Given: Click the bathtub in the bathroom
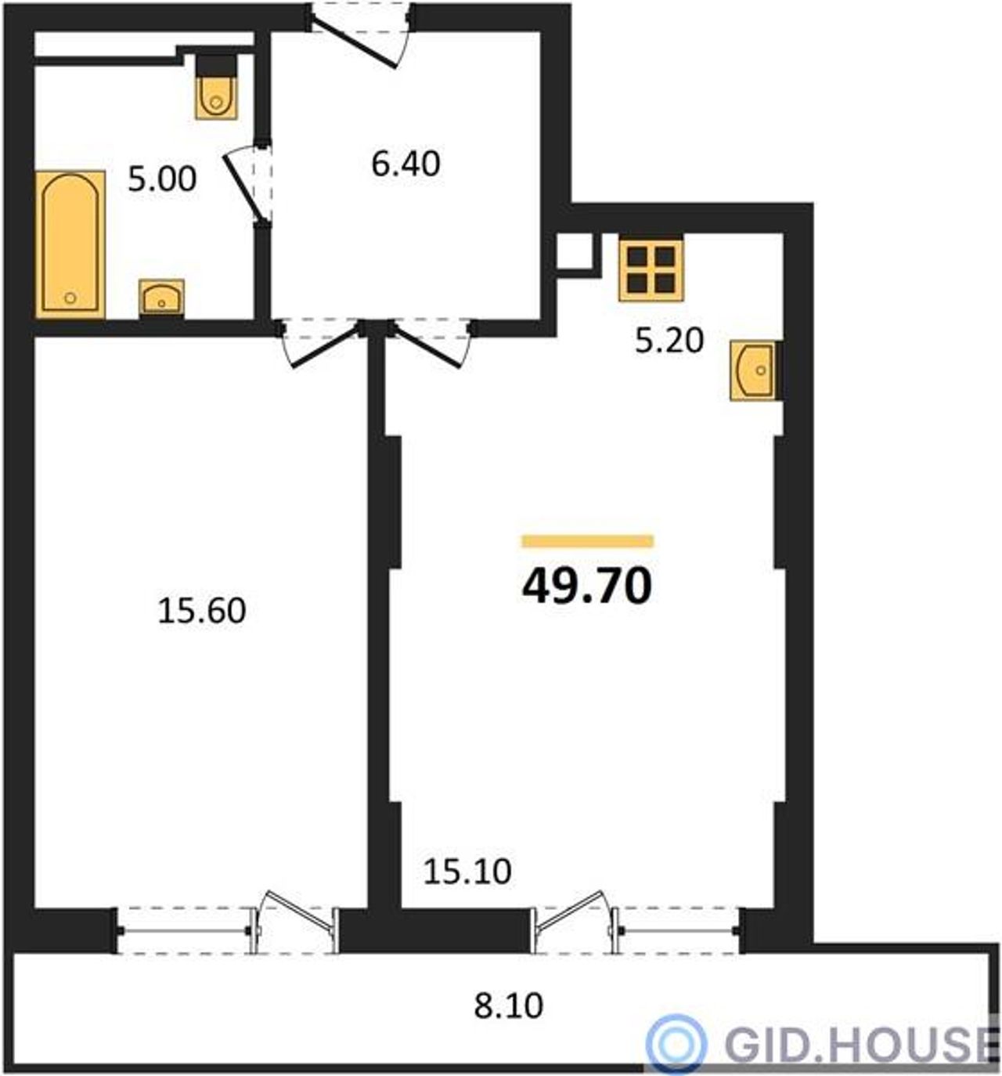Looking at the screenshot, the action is pyautogui.click(x=70, y=244).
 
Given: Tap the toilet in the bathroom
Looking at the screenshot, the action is pyautogui.click(x=216, y=87).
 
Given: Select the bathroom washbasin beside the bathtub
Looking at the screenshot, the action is pyautogui.click(x=161, y=298).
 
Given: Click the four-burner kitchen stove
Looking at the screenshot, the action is pyautogui.click(x=651, y=270).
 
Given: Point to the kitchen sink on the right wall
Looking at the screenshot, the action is pyautogui.click(x=754, y=370).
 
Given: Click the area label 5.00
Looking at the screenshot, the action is pyautogui.click(x=162, y=180).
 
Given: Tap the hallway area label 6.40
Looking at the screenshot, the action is pyautogui.click(x=405, y=164).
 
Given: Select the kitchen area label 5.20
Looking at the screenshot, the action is pyautogui.click(x=669, y=341).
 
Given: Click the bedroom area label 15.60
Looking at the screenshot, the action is pyautogui.click(x=201, y=611).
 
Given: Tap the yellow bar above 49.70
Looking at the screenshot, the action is pyautogui.click(x=588, y=541).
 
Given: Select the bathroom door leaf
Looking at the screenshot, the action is pyautogui.click(x=242, y=189).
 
